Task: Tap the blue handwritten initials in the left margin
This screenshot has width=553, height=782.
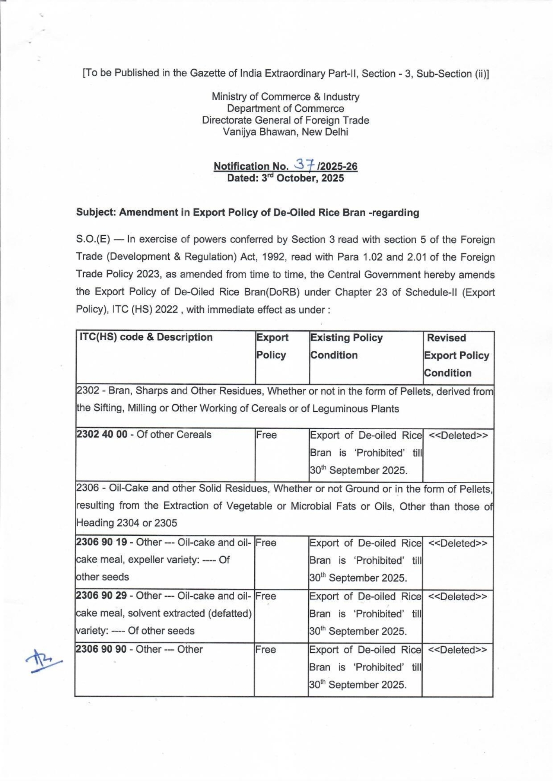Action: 43,660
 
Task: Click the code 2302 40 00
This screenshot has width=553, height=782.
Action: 102,434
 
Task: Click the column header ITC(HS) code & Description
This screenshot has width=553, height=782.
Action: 146,337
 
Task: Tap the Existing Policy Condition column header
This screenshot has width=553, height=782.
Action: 346,346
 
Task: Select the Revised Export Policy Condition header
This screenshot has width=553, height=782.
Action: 457,355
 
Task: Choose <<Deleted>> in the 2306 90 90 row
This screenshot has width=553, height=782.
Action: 458,650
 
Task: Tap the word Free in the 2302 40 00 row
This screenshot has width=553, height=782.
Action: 266,435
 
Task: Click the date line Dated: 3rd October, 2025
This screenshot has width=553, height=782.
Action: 285,178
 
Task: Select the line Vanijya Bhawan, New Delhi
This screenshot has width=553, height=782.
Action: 285,132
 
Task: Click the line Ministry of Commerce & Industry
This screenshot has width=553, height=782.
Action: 285,97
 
